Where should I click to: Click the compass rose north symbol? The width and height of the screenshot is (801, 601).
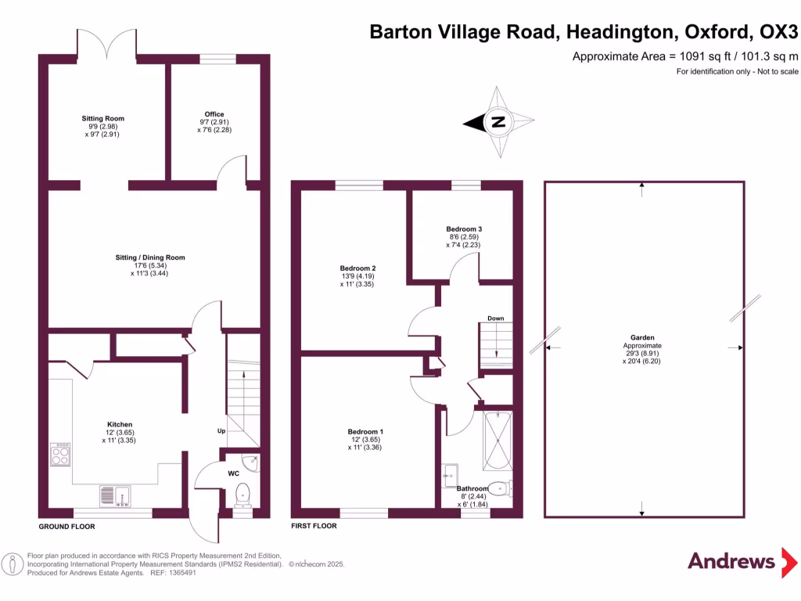(x=497, y=122)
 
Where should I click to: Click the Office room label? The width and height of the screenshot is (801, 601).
(x=214, y=114)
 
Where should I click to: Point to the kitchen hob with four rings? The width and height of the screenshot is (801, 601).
(x=60, y=455)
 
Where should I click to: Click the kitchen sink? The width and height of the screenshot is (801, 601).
(x=114, y=495)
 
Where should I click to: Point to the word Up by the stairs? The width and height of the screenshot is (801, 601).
(x=221, y=431)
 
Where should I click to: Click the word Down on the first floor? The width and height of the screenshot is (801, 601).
(x=495, y=318)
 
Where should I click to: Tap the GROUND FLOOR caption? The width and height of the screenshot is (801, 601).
(x=67, y=527)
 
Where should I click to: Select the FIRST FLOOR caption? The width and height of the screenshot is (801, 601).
(x=314, y=526)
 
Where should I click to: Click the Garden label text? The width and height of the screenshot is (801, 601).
(x=642, y=338)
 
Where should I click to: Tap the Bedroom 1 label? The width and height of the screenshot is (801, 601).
(x=365, y=432)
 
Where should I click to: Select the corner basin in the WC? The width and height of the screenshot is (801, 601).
(x=249, y=464)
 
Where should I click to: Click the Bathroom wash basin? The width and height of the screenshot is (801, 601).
(x=451, y=472)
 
